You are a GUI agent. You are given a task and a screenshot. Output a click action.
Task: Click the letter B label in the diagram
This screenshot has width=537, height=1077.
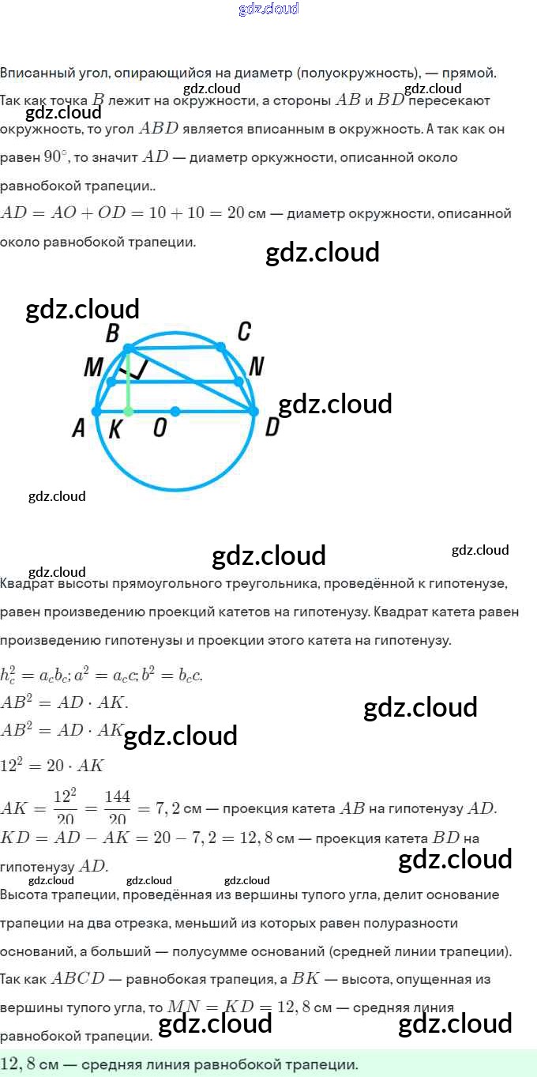pyautogui.click(x=112, y=333)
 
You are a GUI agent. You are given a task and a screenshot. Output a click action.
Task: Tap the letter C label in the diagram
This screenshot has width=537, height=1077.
pyautogui.click(x=244, y=332)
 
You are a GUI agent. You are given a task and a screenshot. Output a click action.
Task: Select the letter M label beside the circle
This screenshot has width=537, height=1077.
pyautogui.click(x=93, y=367)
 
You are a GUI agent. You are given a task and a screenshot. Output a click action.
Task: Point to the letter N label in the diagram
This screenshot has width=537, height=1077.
pyautogui.click(x=256, y=366)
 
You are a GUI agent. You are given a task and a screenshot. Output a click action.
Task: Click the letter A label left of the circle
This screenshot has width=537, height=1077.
pyautogui.click(x=78, y=428)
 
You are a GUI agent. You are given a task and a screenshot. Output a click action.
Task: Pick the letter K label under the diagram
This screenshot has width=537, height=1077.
pyautogui.click(x=115, y=429)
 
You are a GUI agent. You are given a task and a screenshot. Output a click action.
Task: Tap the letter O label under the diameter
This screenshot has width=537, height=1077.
pyautogui.click(x=160, y=428)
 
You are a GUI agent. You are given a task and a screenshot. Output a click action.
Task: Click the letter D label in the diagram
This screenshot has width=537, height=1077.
pyautogui.click(x=272, y=427)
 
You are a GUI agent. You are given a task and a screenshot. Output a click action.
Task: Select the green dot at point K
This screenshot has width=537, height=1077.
pyautogui.click(x=129, y=412)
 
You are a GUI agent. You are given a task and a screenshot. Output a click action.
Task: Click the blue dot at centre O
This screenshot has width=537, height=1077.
pyautogui.click(x=175, y=411)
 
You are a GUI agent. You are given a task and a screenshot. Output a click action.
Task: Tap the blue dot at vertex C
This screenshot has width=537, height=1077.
pyautogui.click(x=221, y=347)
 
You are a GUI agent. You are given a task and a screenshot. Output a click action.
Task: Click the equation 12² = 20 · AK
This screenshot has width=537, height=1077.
pyautogui.click(x=52, y=765)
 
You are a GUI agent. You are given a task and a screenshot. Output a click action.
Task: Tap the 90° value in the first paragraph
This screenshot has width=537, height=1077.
pyautogui.click(x=55, y=156)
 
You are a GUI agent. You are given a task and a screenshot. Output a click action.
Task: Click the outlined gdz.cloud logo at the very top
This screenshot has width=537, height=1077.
pyautogui.click(x=268, y=9)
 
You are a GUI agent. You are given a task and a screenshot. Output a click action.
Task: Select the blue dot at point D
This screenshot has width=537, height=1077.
pyautogui.click(x=253, y=411)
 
